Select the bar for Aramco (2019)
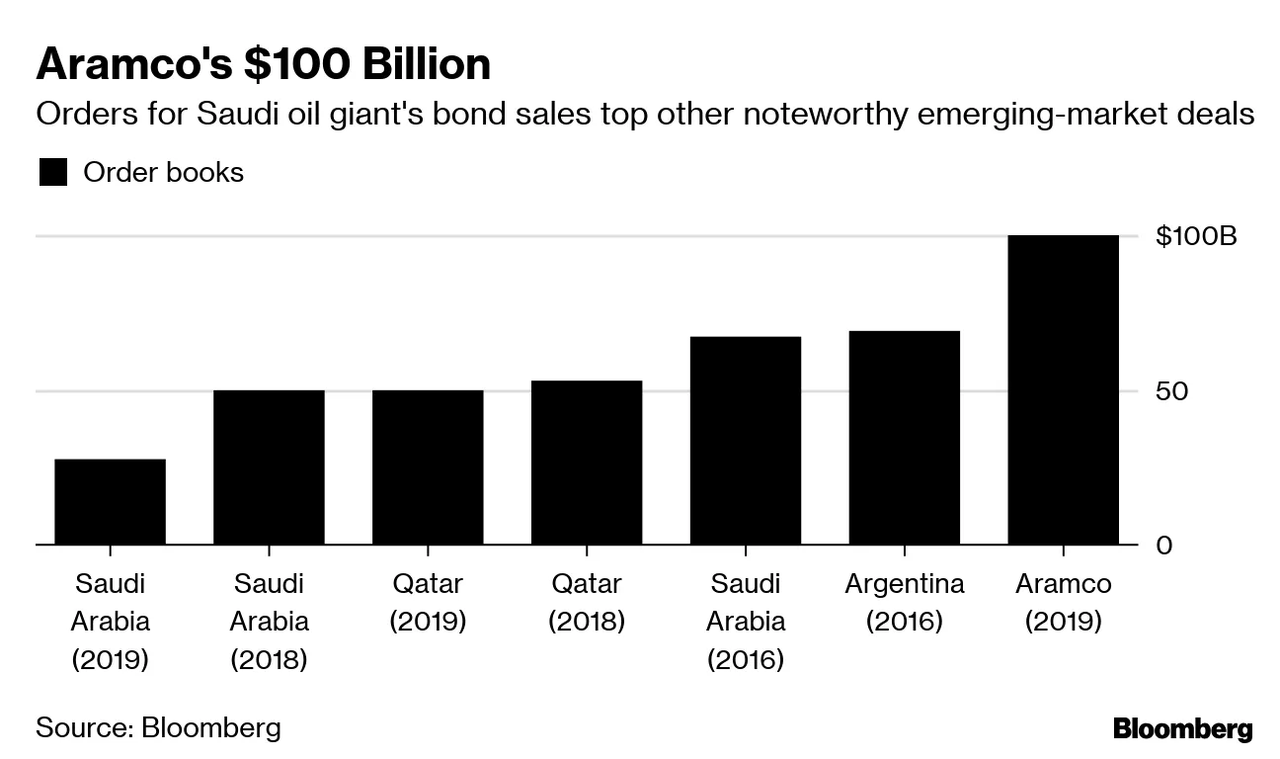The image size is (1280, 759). click(x=1063, y=389)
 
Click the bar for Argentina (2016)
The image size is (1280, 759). click(x=904, y=438)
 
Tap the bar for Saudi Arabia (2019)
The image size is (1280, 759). click(x=110, y=502)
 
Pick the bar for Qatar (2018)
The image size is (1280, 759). click(x=587, y=463)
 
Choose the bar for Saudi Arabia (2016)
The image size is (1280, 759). click(x=746, y=441)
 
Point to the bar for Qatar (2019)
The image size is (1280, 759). click(x=428, y=467)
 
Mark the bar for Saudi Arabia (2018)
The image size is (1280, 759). click(x=269, y=467)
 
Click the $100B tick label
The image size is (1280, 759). click(x=1195, y=237)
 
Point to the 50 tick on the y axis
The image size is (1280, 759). click(x=1171, y=391)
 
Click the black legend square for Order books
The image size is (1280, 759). click(x=52, y=173)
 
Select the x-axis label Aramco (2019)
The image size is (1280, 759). click(x=1063, y=603)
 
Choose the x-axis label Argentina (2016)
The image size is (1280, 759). click(x=904, y=603)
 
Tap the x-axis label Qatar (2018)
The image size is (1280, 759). click(x=587, y=603)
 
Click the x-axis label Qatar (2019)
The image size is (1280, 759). click(x=428, y=603)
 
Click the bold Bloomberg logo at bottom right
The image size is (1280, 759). click(x=1182, y=729)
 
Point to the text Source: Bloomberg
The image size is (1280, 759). click(x=158, y=728)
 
